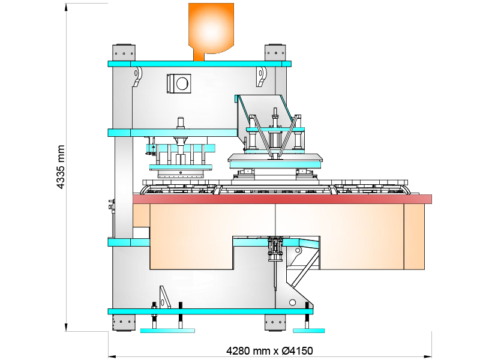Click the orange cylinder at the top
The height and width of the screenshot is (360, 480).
coord(211,27)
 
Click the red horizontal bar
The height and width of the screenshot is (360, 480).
coord(282,199)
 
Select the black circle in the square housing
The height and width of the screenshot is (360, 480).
coord(181,83)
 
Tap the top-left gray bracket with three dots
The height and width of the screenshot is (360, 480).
coord(124,53)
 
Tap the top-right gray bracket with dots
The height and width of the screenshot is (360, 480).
coord(275,53)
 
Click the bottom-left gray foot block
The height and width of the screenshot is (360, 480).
coord(124,322)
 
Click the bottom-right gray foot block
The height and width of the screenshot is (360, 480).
coord(275,322)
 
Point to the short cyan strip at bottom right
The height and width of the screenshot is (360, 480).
coord(308,331)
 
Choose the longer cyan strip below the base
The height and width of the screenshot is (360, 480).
coord(167,331)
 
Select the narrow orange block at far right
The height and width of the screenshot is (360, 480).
coord(414,236)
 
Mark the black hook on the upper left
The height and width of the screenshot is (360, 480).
coord(138,76)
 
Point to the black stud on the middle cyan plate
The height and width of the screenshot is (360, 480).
coord(180,122)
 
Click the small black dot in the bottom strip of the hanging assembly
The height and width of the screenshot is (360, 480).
coord(180,173)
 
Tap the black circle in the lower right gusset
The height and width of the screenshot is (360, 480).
coord(292,302)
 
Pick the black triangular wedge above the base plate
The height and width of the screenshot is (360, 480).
coord(164,297)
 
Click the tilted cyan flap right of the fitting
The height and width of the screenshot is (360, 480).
coord(309,244)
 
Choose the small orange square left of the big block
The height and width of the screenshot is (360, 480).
coord(141,215)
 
